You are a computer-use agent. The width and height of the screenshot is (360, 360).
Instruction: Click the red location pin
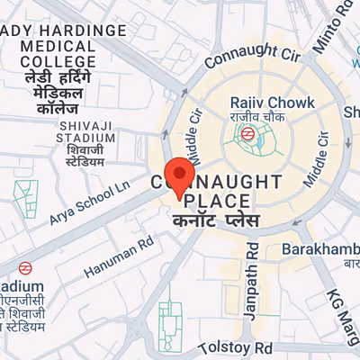coord(182,176)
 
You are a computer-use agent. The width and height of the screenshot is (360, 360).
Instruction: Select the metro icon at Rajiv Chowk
coord(245,134)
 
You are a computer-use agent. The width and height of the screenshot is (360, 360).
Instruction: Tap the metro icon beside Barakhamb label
coord(348,265)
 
